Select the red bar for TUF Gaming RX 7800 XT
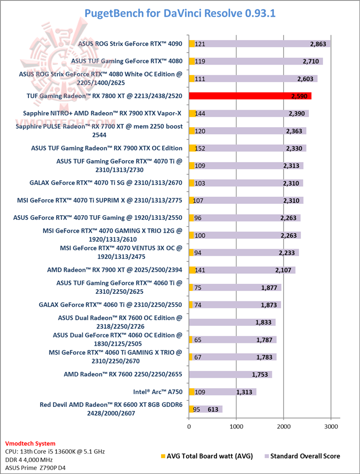[250, 96]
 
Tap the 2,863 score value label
[318, 44]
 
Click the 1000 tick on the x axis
[236, 426]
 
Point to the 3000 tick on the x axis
[330, 426]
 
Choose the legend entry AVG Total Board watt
[207, 456]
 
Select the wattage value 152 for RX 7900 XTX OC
[200, 148]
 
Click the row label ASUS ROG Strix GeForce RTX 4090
[130, 44]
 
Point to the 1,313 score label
[246, 392]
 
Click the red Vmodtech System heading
[30, 443]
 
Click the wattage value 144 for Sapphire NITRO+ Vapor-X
[200, 114]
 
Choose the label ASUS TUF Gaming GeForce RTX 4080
[126, 61]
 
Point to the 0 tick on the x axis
[189, 426]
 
